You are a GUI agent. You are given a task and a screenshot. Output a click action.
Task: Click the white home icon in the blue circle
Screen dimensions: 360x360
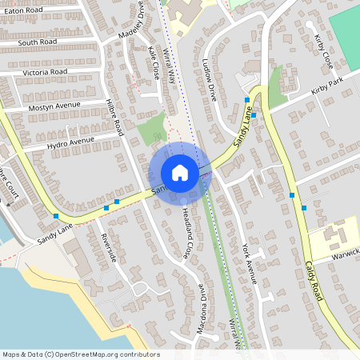(180, 173)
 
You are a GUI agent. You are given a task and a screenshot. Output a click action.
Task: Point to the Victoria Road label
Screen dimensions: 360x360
(45, 72)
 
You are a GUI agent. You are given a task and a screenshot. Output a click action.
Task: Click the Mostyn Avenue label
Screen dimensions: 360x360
(54, 106)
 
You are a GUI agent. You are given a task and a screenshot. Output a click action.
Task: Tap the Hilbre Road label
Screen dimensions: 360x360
(114, 117)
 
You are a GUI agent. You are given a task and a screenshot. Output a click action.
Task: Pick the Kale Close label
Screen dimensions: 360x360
(154, 61)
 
